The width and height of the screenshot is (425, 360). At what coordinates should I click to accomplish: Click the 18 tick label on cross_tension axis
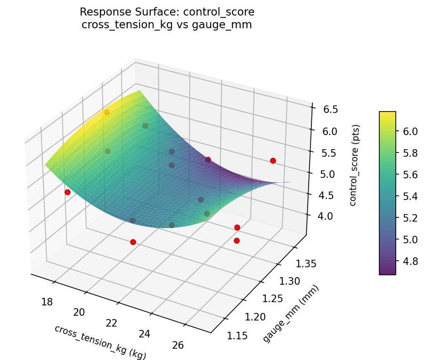[x=47, y=302]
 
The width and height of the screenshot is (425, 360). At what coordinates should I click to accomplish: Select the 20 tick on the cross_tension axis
[x=79, y=312]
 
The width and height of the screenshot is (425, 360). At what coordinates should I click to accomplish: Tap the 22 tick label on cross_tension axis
[x=112, y=323]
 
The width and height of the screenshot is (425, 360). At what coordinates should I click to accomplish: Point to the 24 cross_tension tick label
[x=145, y=334]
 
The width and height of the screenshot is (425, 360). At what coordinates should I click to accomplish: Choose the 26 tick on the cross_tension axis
[x=178, y=345]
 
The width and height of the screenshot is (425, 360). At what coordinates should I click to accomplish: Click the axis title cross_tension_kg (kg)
[x=100, y=342]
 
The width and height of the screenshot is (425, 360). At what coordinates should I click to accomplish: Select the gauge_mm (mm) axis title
[x=291, y=314]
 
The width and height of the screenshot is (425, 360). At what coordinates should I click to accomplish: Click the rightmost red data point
[x=273, y=160]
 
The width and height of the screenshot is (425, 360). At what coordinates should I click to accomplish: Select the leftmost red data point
[x=67, y=192]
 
